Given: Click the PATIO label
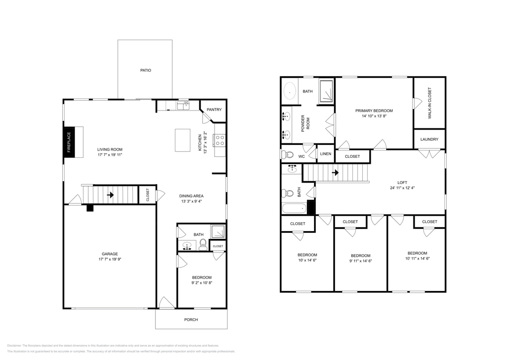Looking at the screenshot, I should point(146,70).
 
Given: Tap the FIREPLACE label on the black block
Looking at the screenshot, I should point(69,142).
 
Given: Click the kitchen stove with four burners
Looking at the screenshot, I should point(220,140).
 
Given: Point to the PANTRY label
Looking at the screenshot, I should point(214,110).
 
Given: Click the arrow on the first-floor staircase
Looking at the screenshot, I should point(110,195).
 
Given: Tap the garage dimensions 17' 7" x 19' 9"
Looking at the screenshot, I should point(110,259).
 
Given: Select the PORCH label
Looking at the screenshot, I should point(191,319).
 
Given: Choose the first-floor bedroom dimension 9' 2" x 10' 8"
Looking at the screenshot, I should point(201,282).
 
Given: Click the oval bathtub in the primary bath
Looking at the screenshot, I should point(290,91).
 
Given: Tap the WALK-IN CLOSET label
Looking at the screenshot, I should point(430,103).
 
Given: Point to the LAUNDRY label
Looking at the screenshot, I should point(429,139).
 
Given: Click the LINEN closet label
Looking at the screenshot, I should point(326,154).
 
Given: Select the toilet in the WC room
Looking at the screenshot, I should point(288,154).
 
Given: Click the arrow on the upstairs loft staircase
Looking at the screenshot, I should point(335,173).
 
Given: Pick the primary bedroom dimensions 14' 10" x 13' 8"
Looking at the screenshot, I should point(374,116).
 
